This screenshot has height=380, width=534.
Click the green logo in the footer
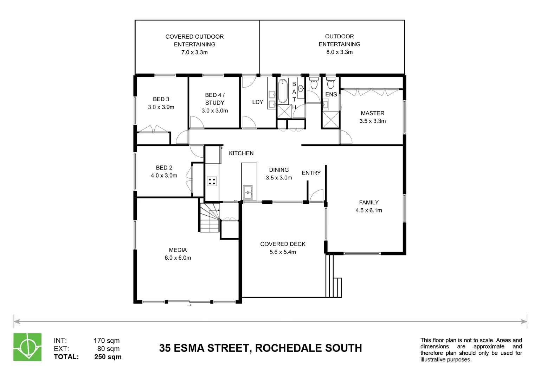27,347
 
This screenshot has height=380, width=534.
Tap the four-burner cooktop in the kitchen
212,182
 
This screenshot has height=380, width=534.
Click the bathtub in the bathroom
283,91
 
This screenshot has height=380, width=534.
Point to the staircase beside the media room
210,218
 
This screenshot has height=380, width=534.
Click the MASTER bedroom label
372,113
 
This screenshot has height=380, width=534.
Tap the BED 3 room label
161,99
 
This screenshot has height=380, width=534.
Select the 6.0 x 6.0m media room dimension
178,258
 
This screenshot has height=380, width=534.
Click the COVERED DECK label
283,244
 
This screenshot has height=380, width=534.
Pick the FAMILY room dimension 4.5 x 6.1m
368,210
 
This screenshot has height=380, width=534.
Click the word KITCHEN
241,153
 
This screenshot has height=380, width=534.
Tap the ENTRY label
311,173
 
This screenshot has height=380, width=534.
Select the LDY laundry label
258,102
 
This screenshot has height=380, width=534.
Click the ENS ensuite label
331,94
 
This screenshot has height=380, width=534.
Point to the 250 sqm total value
108,357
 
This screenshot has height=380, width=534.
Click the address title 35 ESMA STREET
260,348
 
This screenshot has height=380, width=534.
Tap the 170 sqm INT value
107,341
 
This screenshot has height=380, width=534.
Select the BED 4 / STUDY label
215,99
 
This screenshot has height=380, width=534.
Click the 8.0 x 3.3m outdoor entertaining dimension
339,52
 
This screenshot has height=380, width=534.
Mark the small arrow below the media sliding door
189,305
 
